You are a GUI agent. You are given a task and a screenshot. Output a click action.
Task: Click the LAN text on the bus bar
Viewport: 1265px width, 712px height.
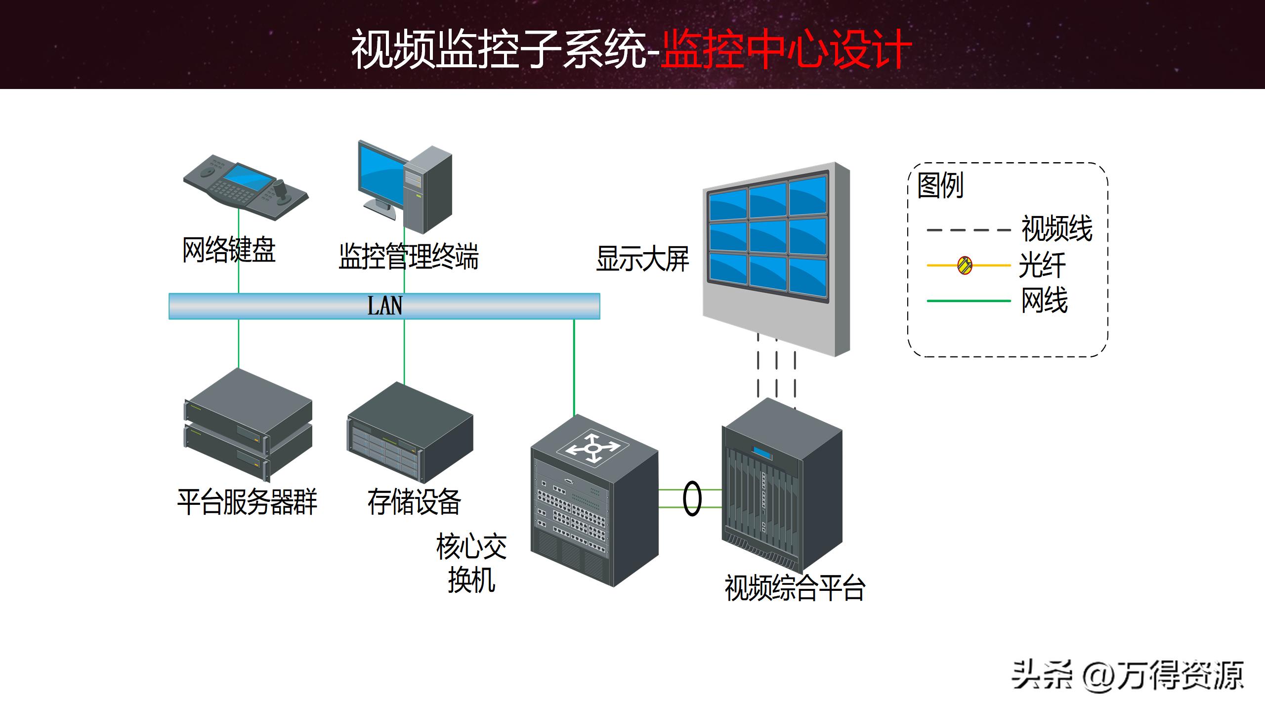pyautogui.click(x=384, y=306)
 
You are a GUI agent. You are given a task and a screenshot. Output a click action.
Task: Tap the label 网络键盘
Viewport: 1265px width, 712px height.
pyautogui.click(x=229, y=250)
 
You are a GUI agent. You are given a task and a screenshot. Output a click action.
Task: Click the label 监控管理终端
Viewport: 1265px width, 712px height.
pyautogui.click(x=408, y=256)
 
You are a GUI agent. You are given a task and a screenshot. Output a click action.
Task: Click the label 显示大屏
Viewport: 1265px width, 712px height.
pyautogui.click(x=642, y=259)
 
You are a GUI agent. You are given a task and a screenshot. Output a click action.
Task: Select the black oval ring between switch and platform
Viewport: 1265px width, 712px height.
pyautogui.click(x=692, y=498)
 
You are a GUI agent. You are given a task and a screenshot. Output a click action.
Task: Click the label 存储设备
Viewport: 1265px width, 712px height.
pyautogui.click(x=414, y=501)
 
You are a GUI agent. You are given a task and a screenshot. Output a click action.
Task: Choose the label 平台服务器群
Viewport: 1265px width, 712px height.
pyautogui.click(x=247, y=501)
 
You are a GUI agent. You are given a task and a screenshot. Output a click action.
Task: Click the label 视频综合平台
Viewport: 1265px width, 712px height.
pyautogui.click(x=794, y=588)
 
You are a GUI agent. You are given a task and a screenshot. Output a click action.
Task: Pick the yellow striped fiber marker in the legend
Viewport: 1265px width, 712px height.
pyautogui.click(x=965, y=266)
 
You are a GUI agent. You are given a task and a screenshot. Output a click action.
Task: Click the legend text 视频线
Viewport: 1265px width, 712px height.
pyautogui.click(x=1056, y=229)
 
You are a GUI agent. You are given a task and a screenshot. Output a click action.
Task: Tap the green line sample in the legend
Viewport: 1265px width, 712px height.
pyautogui.click(x=968, y=301)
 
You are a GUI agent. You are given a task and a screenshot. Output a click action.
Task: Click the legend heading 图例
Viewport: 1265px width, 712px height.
pyautogui.click(x=940, y=185)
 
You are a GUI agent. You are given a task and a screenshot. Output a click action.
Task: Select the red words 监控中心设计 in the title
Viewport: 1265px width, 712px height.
pyautogui.click(x=786, y=49)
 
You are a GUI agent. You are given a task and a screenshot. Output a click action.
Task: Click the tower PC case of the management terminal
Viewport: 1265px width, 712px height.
pyautogui.click(x=428, y=190)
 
